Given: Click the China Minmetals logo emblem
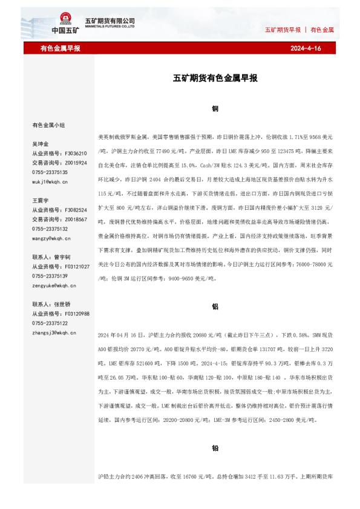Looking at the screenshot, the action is coord(65,21).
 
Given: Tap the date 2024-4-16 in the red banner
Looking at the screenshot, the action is coord(306,48).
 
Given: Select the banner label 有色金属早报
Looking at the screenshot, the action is coord(61,48).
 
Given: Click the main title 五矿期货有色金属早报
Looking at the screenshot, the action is coord(215,78).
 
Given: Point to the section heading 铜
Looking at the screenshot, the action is coord(215,109).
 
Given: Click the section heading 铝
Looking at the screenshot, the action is coord(215,306).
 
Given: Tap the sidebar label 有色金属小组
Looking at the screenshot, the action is coord(48,125).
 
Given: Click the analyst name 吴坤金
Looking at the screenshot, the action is coord(41,144).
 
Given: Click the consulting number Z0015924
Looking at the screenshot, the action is coord(76,163).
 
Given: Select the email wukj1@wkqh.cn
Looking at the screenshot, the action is coord(50,181).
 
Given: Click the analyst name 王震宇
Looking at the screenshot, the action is coord(41,201).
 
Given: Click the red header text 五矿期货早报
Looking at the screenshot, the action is coord(283,30).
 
